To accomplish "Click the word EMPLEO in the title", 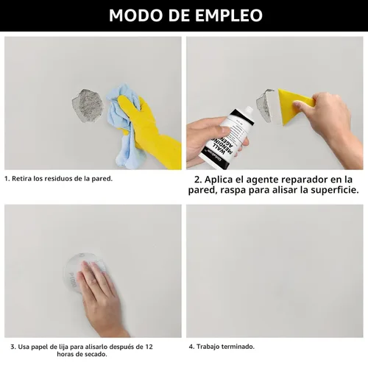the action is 229,15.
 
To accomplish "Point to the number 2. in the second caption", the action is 199,180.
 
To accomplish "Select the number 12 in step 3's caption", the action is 149,347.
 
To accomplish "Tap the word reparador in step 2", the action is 304,180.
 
